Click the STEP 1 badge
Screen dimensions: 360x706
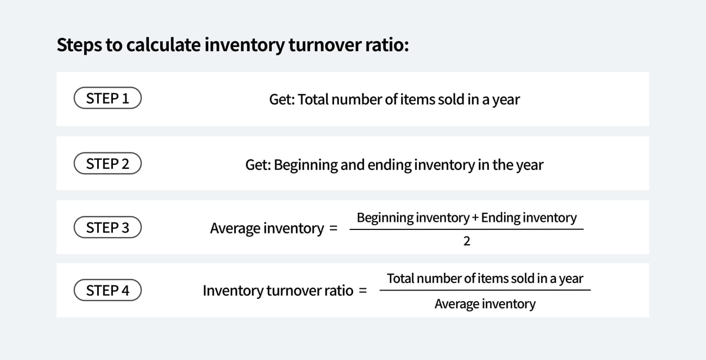(x=108, y=99)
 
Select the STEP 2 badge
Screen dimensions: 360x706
(x=108, y=164)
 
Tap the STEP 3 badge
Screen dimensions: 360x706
(x=108, y=228)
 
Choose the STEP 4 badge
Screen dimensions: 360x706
(x=108, y=291)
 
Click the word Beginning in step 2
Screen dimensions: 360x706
(x=305, y=165)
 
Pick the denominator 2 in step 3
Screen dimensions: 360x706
(x=467, y=242)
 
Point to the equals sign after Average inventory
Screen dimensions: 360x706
(x=333, y=228)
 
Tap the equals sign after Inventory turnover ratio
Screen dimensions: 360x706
(x=363, y=291)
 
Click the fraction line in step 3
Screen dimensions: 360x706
(x=467, y=229)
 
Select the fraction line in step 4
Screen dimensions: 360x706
(x=485, y=290)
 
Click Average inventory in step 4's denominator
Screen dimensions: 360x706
(x=485, y=304)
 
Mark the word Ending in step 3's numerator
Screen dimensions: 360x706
(x=500, y=218)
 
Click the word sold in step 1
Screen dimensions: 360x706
(x=450, y=99)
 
